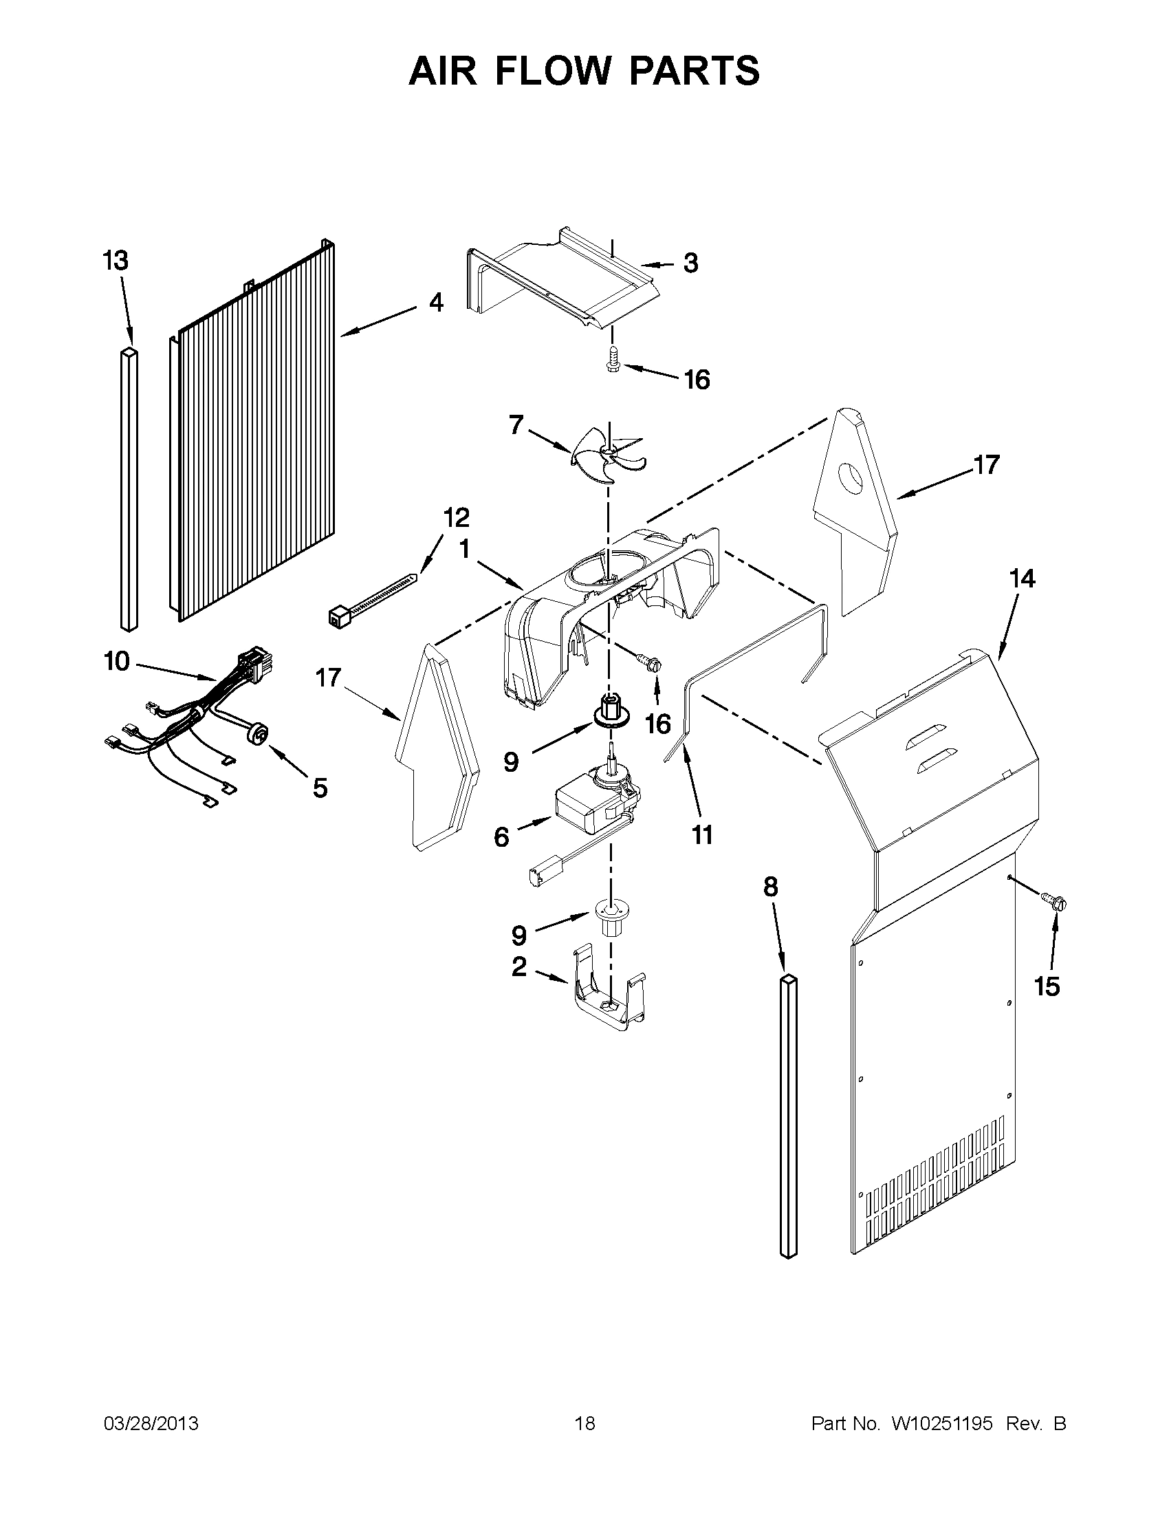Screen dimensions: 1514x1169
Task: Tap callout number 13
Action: [116, 261]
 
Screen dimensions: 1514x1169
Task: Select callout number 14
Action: [1023, 578]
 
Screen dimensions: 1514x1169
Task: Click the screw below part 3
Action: [613, 362]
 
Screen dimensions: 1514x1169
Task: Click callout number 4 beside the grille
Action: [435, 303]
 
